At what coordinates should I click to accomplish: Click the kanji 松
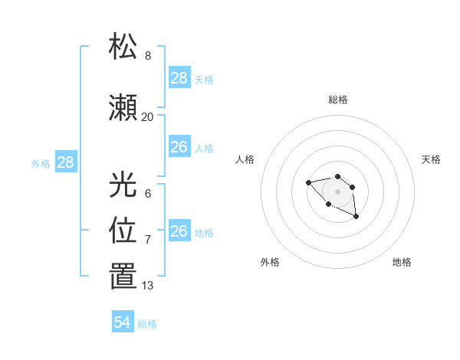point(123,47)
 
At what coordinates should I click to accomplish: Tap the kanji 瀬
point(123,108)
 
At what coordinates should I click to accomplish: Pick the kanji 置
point(123,277)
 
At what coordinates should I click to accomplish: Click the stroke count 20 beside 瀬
point(147,117)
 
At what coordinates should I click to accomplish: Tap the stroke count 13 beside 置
point(147,286)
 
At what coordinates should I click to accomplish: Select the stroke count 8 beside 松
point(147,56)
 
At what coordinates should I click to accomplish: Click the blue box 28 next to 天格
point(179,77)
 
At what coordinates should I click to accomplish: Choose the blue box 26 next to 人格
point(179,147)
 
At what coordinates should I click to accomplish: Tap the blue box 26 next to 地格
point(179,231)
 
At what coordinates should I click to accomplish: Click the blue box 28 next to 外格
point(65,162)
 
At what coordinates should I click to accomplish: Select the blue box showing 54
point(123,322)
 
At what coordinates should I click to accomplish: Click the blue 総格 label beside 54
point(147,324)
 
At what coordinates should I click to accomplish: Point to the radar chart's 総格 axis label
point(338,100)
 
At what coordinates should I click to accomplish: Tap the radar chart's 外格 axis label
point(270,262)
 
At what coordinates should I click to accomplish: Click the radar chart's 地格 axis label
point(402,262)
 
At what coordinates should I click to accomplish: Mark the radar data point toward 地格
point(356,218)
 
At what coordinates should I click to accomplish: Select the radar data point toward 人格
point(308,182)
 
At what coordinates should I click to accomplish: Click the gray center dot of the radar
point(337,191)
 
